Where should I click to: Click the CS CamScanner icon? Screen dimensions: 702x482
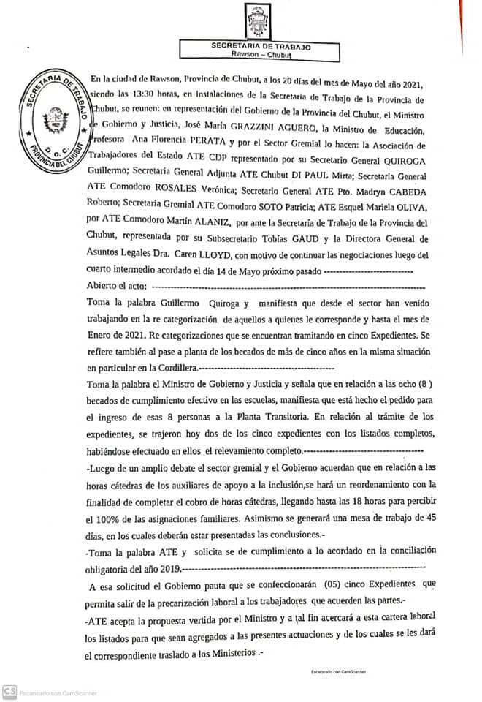coord(10,691)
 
